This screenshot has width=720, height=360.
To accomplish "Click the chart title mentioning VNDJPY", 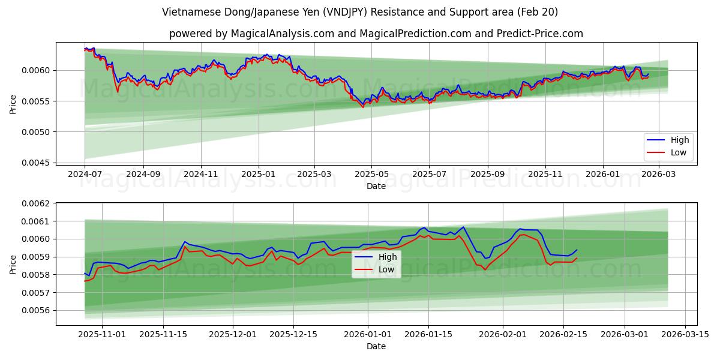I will coord(359,12).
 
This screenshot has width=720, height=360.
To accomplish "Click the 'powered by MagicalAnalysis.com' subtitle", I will coord(376,34).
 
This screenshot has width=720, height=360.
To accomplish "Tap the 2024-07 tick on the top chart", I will coord(85,175).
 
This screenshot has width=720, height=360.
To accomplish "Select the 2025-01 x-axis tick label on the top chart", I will coord(259,175).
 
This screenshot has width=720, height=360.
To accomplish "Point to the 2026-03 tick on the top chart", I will coord(659,175).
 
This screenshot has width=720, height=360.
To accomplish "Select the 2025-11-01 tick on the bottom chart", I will coord(94,334).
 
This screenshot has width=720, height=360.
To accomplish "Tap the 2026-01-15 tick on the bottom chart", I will coord(428,334).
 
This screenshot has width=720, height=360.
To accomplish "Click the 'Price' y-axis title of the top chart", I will coord(13,104).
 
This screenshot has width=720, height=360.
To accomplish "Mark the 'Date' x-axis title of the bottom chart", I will coord(376,346).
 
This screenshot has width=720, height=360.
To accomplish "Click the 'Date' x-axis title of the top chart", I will coord(376,187).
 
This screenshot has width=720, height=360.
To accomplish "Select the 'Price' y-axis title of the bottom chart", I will coord(13,264).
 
